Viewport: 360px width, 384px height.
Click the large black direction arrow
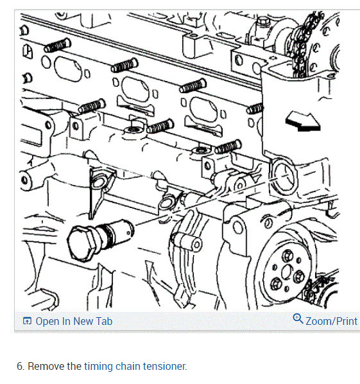(303, 121)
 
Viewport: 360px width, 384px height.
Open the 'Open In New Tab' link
(68, 321)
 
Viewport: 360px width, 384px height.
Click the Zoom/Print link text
(332, 321)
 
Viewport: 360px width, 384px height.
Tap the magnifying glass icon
(298, 319)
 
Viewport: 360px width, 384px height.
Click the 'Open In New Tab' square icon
(27, 321)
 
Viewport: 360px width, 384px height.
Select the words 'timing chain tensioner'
(135, 367)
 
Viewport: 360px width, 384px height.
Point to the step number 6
(21, 367)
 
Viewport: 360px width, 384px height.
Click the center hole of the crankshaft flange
(286, 272)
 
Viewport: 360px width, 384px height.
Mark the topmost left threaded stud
(58, 46)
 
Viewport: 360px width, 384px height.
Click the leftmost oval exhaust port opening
(68, 69)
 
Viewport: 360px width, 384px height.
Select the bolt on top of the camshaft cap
(263, 22)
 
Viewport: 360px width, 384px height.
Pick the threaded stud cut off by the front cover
(255, 109)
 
